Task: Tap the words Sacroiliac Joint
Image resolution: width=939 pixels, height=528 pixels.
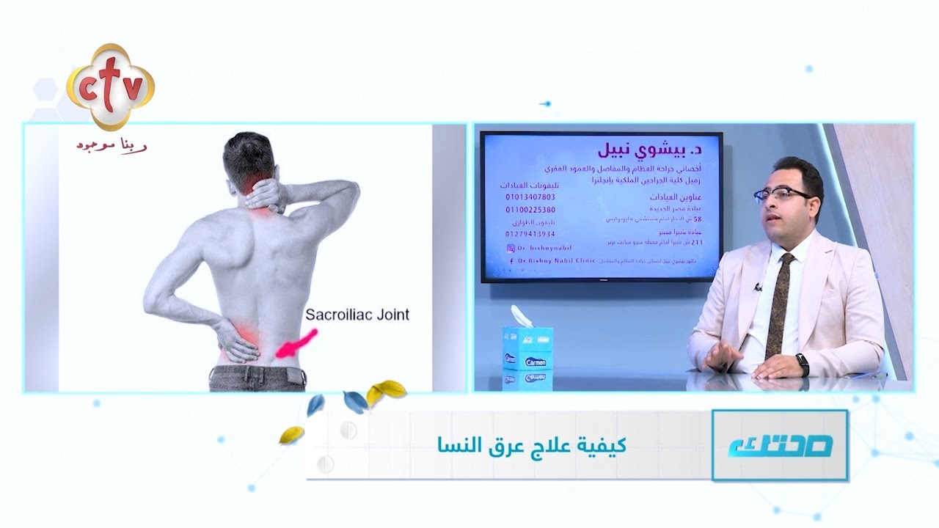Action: pos(357,315)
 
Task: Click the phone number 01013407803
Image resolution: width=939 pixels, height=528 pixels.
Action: pos(530,197)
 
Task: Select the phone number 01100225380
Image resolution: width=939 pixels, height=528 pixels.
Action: pos(530,210)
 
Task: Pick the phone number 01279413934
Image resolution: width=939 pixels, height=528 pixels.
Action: pos(530,235)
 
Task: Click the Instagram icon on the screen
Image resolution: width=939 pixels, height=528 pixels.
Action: pos(511,249)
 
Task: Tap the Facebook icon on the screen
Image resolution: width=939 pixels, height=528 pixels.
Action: pos(511,260)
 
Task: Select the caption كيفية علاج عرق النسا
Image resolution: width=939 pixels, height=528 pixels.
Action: pos(532,445)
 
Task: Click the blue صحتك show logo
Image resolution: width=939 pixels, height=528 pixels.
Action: pos(780,445)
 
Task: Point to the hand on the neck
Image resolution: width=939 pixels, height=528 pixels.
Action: pos(264,196)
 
